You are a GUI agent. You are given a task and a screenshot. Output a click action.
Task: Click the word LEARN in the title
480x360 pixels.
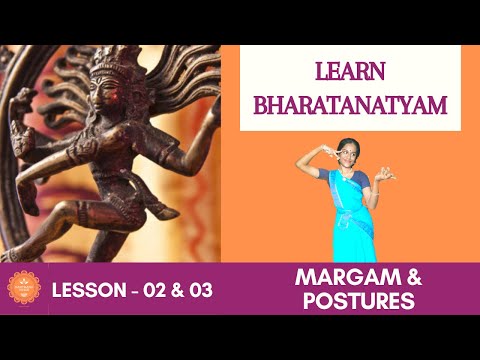(x=349, y=73)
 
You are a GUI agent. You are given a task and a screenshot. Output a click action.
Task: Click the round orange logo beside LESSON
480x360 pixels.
(x=22, y=288)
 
